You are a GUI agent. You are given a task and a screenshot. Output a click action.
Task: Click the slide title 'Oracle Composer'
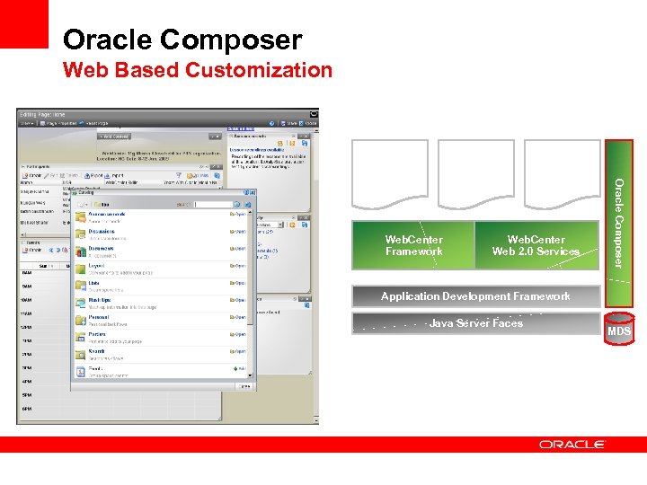pos(182,40)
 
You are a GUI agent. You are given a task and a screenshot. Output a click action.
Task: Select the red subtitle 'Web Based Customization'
pos(197,70)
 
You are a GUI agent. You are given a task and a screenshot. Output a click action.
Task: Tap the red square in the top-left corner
pos(23,23)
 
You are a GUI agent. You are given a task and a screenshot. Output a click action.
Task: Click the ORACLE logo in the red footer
pos(572,445)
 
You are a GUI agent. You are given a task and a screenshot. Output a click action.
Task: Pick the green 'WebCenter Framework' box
pos(412,245)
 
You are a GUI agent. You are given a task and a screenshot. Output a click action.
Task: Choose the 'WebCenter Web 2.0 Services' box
pos(536,245)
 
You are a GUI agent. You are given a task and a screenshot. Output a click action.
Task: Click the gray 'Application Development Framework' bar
pos(474,296)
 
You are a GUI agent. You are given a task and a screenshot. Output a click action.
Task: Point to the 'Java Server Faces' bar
pos(474,323)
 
